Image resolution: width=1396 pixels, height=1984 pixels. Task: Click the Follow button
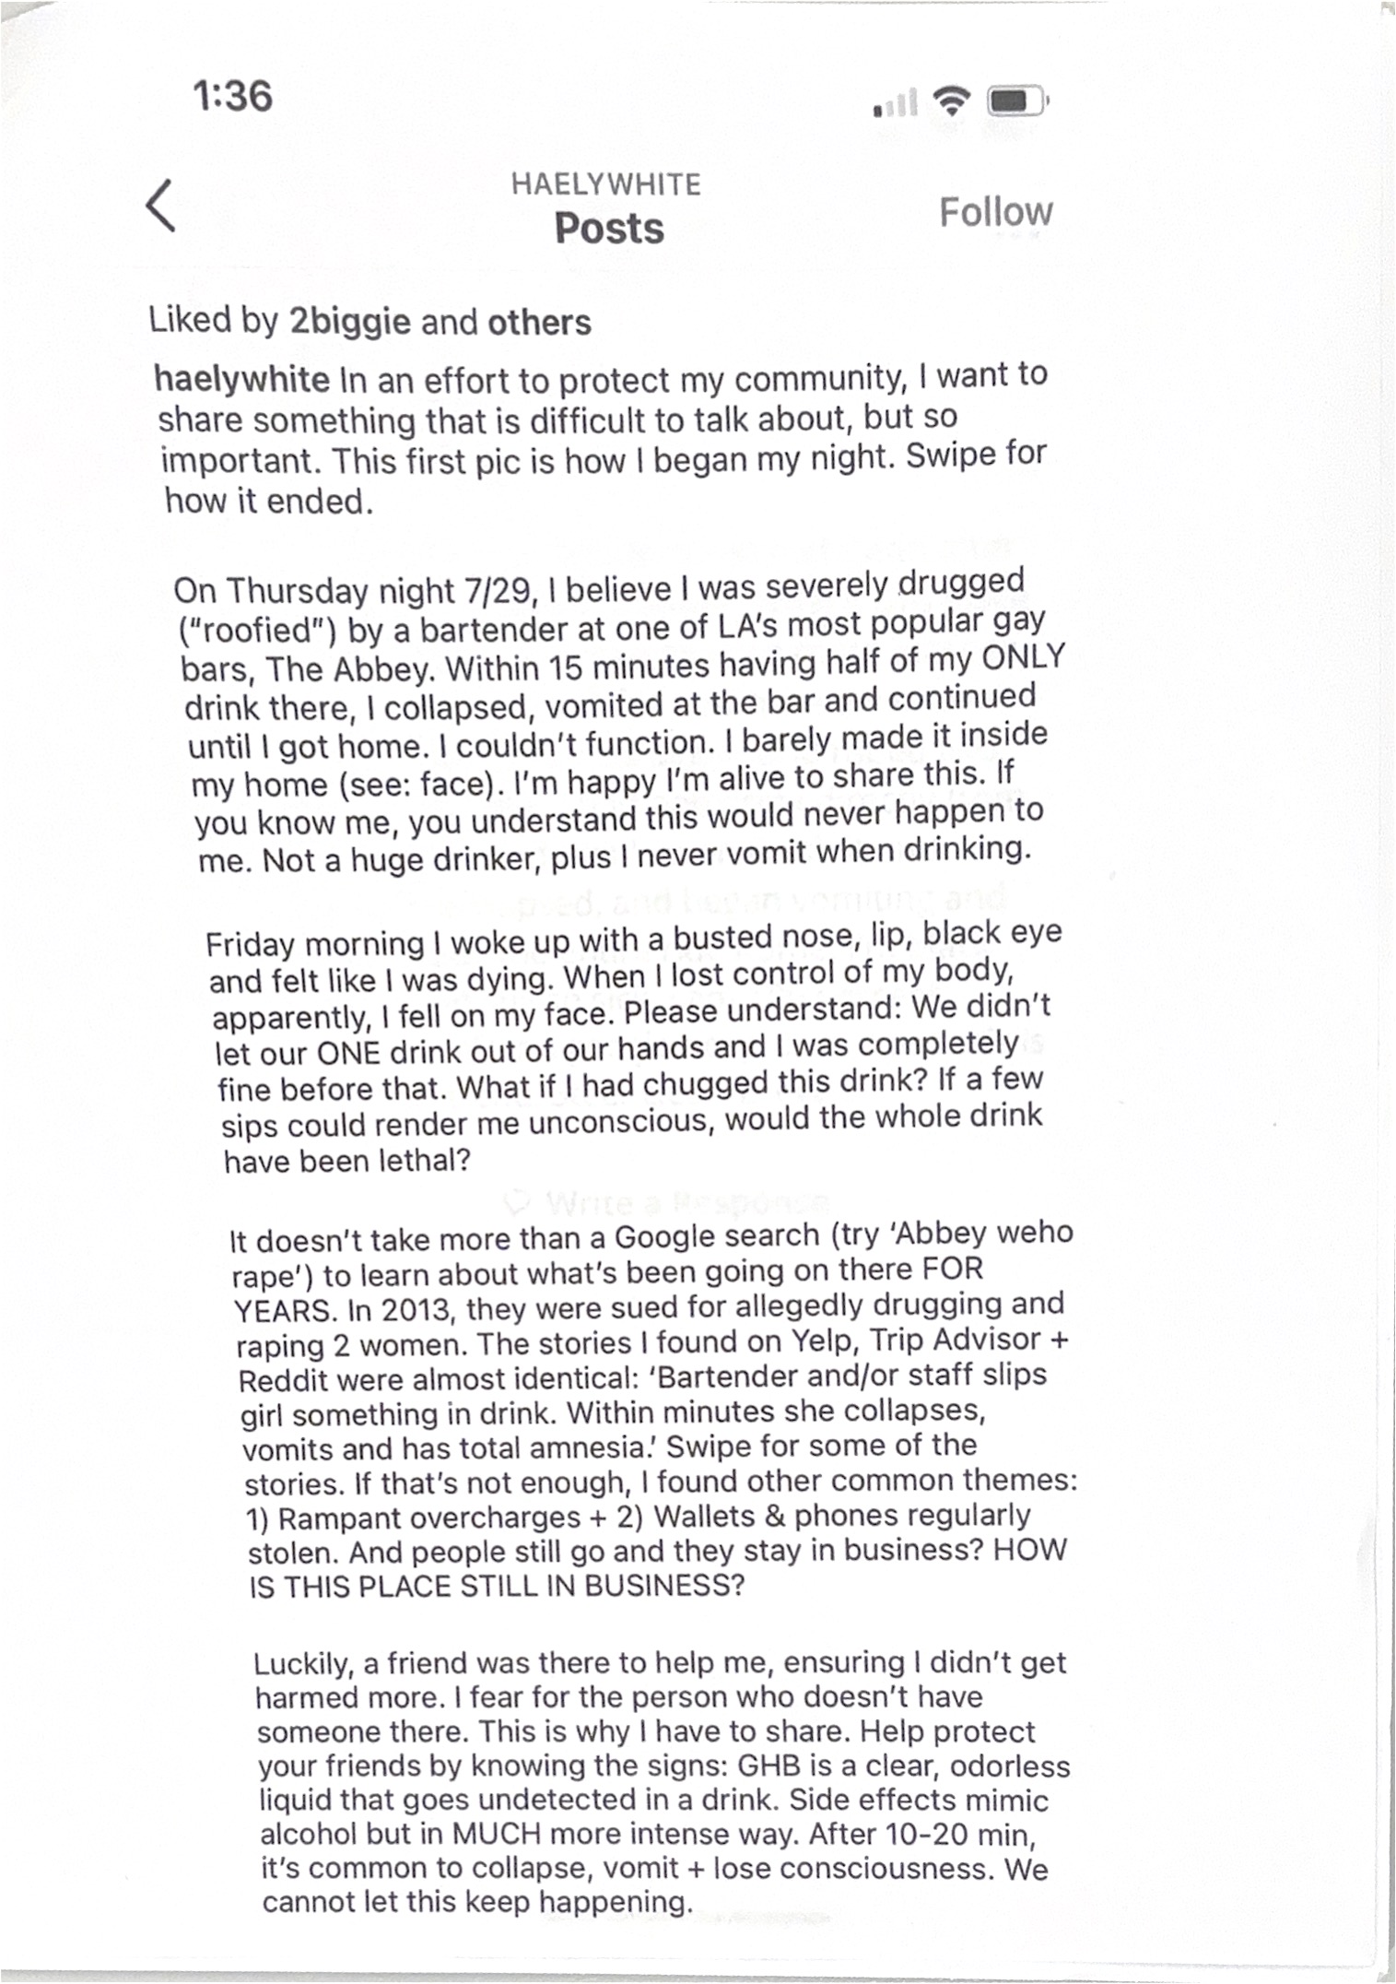click(995, 212)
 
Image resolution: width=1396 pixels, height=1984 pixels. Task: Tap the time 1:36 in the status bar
click(233, 96)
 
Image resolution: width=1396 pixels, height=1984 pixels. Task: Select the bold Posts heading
click(609, 229)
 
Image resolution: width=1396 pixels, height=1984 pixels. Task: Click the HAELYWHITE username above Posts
click(606, 184)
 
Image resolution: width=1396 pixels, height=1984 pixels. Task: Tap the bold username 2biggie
click(350, 321)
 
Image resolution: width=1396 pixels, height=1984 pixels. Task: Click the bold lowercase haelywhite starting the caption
click(242, 379)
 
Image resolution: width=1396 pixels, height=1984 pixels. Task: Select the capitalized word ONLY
click(1023, 659)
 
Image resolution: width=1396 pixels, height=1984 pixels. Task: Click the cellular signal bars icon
click(895, 103)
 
